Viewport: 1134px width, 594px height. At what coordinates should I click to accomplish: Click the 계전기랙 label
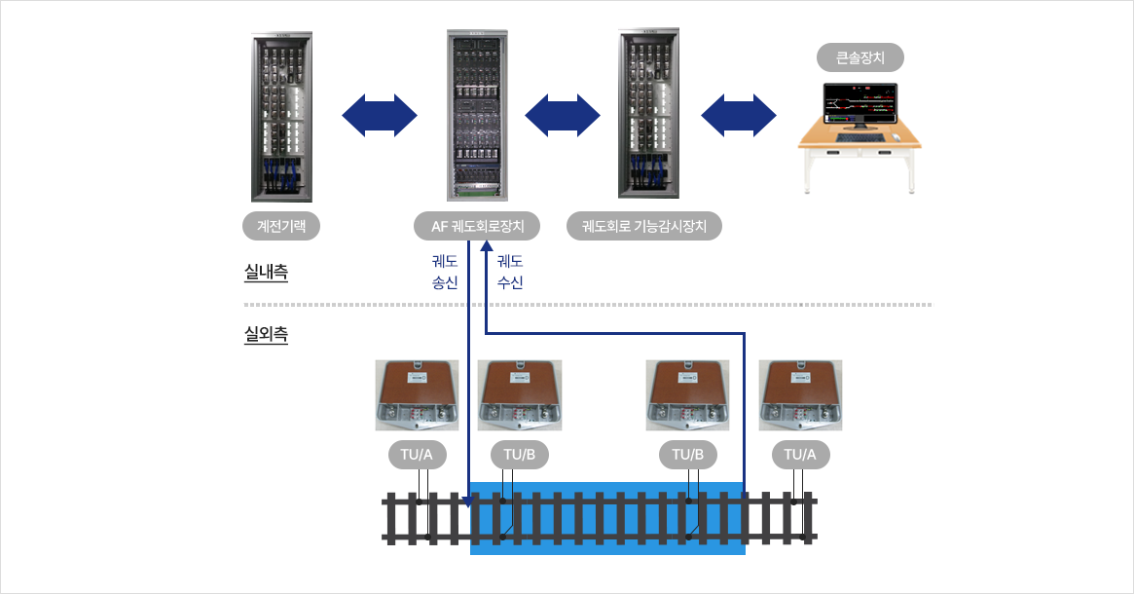(x=281, y=227)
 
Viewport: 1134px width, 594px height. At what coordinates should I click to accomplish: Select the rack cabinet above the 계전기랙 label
(x=281, y=117)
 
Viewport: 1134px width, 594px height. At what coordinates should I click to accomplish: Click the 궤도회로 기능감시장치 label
(x=644, y=227)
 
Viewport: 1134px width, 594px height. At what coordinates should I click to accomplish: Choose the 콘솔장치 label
(x=860, y=57)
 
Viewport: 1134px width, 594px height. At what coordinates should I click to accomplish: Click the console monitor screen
(x=860, y=100)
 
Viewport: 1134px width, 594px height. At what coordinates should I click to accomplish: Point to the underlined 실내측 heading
(x=266, y=273)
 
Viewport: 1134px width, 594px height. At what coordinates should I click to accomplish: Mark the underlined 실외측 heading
(x=266, y=337)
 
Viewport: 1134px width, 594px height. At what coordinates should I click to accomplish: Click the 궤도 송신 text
(x=445, y=272)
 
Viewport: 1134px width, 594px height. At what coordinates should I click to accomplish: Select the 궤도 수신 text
(x=510, y=272)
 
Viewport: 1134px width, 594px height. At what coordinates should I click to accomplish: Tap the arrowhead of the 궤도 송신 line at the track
(x=468, y=502)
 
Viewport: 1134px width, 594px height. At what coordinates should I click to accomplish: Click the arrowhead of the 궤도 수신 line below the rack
(x=485, y=252)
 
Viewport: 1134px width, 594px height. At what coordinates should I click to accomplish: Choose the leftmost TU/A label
(x=418, y=454)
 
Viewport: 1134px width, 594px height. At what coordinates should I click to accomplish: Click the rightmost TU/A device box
(x=800, y=394)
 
